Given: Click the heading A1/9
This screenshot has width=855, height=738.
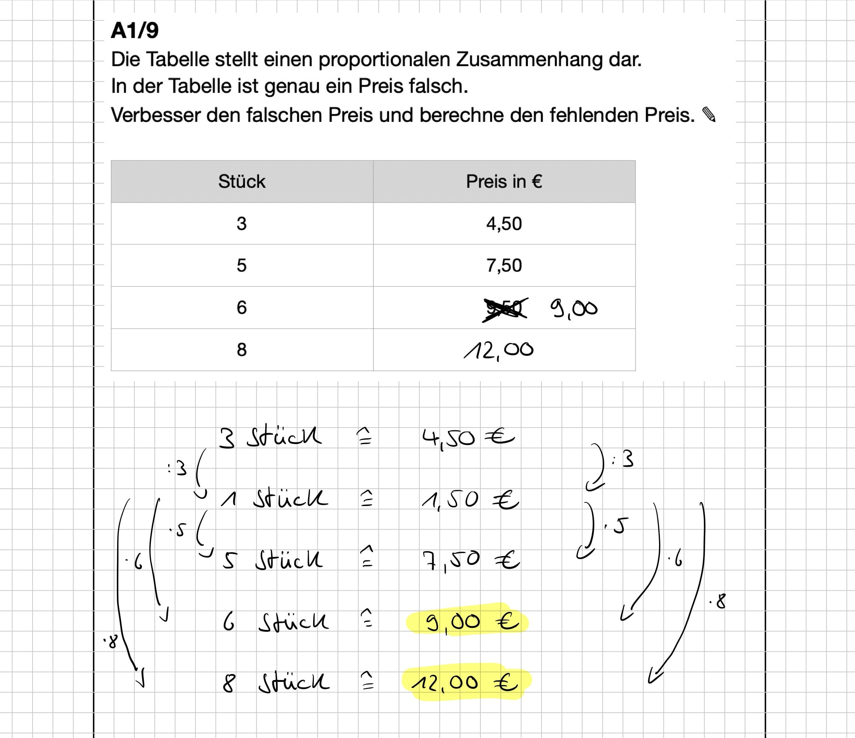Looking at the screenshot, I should click(x=134, y=31).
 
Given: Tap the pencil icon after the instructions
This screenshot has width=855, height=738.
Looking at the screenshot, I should click(x=709, y=115).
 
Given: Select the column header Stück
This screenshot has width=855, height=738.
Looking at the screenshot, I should click(x=242, y=181).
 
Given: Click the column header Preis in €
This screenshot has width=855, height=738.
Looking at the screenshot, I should click(x=504, y=181).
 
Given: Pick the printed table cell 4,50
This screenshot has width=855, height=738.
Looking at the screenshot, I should click(x=504, y=224).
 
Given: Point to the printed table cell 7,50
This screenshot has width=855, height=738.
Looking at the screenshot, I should click(x=504, y=265).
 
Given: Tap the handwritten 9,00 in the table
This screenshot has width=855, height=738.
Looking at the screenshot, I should click(x=574, y=309).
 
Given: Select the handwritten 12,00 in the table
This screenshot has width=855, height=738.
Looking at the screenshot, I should click(x=498, y=351).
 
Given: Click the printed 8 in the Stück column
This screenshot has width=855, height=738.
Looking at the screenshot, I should click(x=242, y=350).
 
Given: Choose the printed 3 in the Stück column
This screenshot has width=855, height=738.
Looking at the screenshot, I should click(x=242, y=224).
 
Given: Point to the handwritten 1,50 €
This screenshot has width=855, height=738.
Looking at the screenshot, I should click(x=469, y=500).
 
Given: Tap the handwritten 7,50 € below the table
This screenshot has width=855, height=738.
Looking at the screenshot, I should click(x=471, y=560).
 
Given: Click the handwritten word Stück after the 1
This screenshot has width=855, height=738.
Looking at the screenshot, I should click(x=290, y=499).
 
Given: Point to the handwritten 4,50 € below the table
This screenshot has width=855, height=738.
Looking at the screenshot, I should click(x=467, y=438).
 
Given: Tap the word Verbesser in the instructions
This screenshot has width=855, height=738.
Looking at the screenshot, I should click(x=156, y=115).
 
